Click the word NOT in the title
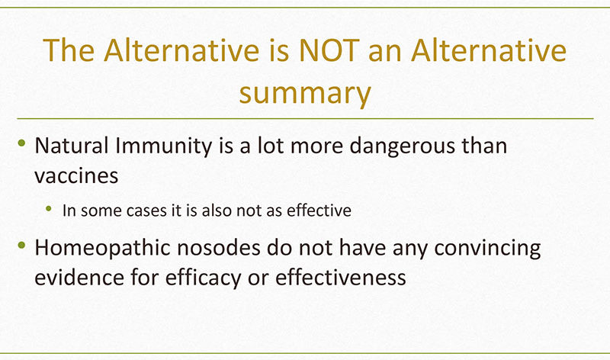point(329,50)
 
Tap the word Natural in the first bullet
point(71,146)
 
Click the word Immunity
point(163,146)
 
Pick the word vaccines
point(76,176)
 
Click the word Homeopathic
point(103,249)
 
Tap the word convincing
point(487,249)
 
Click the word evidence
point(79,278)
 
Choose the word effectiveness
point(340,278)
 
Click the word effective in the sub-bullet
point(319,211)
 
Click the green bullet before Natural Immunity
point(22,143)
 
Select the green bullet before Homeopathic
point(22,245)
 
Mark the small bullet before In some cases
point(49,209)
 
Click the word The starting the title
point(69,50)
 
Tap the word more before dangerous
point(316,147)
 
